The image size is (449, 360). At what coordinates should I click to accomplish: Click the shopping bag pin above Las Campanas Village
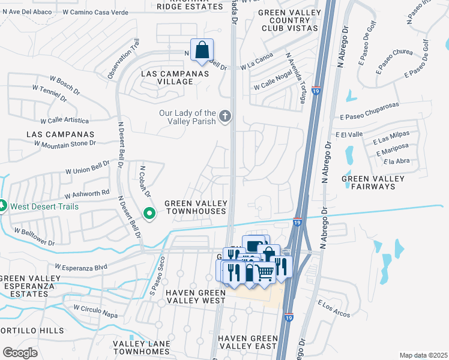pos(202,50)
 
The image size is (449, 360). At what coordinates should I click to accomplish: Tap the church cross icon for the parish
pos(225,115)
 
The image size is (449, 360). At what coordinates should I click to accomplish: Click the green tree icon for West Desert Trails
pos(2,206)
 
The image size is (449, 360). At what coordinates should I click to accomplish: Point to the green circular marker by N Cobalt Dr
pos(149,212)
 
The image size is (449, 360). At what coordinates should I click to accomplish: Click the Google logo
pos(20,353)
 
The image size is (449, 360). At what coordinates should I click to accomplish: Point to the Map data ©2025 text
pos(423,355)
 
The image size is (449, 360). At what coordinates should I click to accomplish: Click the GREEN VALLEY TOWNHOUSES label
pos(195,207)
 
